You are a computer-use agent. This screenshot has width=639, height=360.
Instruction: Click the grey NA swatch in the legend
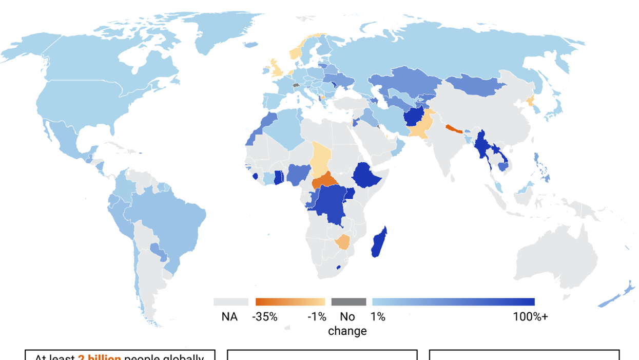[230, 302]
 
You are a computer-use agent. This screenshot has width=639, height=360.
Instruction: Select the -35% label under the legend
[264, 317]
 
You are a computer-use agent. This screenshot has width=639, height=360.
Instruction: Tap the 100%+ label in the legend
[530, 317]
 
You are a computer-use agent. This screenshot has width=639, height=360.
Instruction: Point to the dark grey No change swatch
[348, 302]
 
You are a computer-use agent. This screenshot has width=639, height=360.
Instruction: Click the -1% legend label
[317, 317]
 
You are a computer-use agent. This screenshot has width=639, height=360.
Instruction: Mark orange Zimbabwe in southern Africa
[342, 241]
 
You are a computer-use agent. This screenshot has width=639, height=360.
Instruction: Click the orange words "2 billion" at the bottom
[99, 357]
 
